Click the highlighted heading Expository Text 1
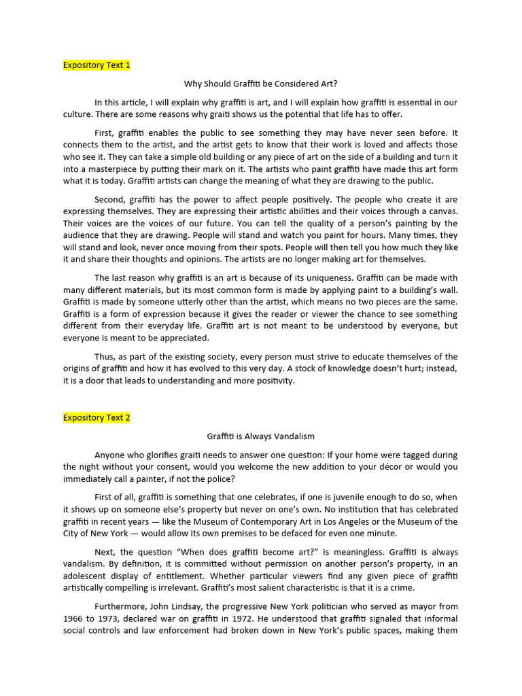tap(97, 65)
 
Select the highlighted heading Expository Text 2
tap(97, 417)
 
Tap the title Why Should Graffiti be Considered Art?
tap(260, 84)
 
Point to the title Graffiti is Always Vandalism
tap(260, 436)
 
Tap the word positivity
tap(271, 381)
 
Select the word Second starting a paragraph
tap(110, 200)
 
